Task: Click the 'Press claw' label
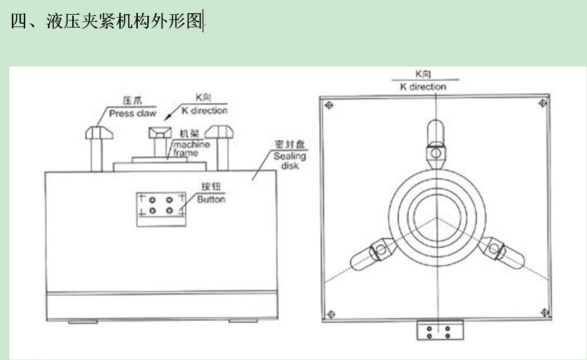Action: (x=132, y=114)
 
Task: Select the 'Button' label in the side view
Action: (x=211, y=199)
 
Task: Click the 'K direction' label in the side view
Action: (x=205, y=110)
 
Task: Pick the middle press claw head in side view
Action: (x=160, y=132)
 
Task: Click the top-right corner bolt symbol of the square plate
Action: (x=541, y=103)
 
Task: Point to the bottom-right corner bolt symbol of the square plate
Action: (x=544, y=312)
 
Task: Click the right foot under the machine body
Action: (x=243, y=321)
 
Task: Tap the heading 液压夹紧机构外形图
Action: (x=107, y=21)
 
